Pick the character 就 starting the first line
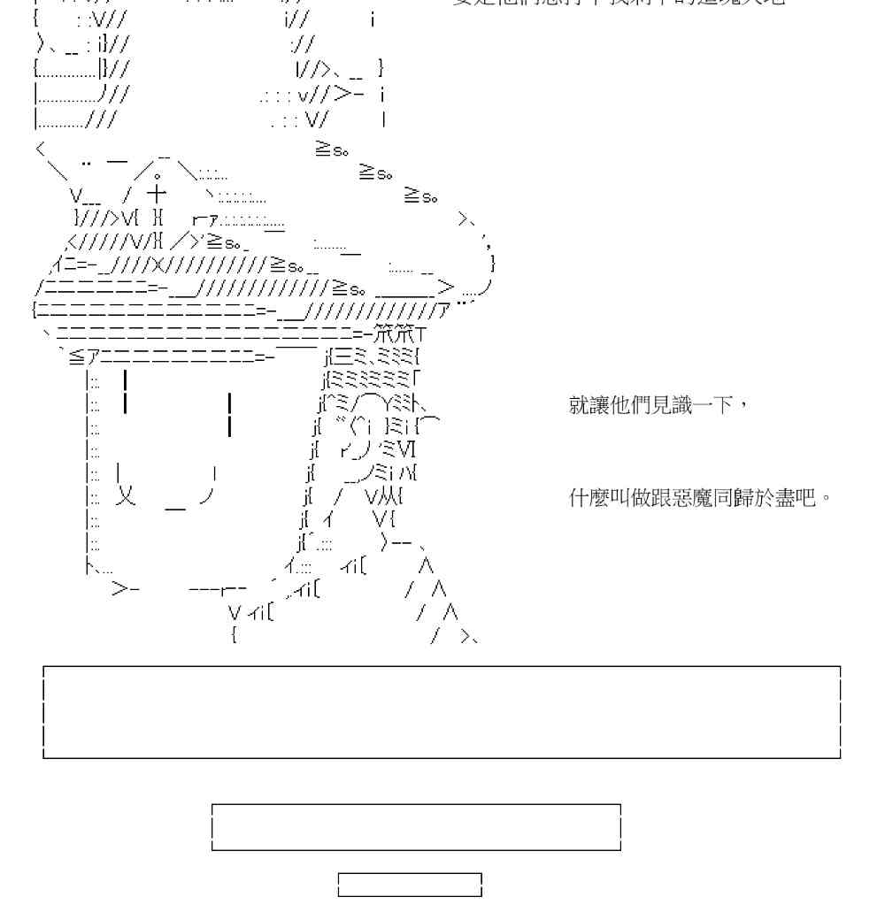[578, 408]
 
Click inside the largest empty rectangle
[442, 712]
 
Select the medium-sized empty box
[416, 827]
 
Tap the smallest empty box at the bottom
[410, 885]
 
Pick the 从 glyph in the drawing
[387, 496]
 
